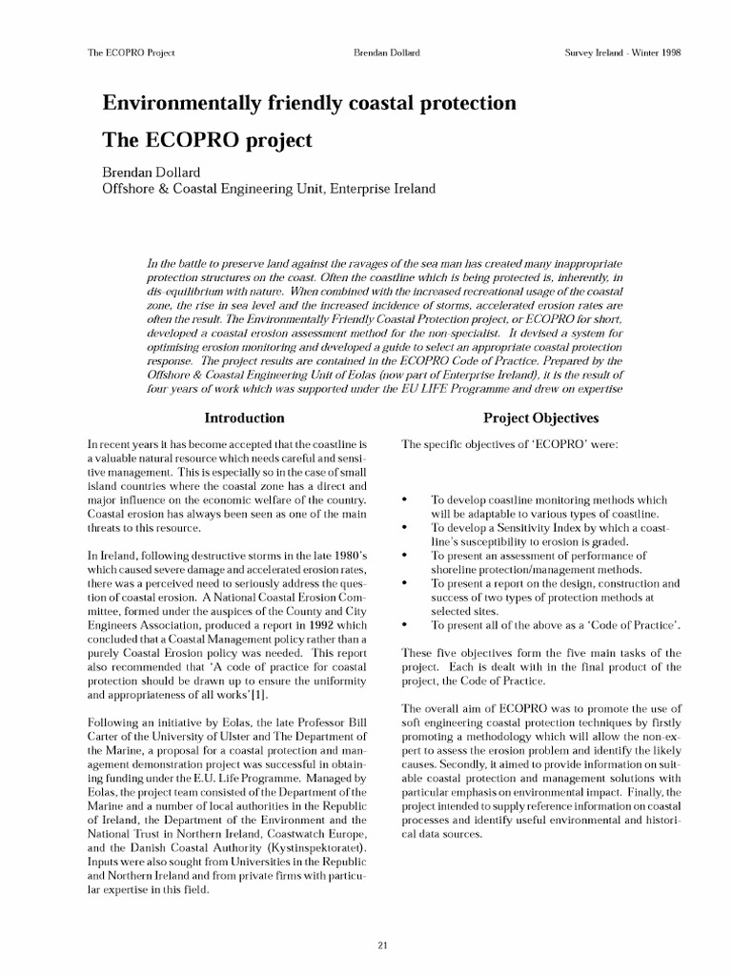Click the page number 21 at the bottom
[382, 918]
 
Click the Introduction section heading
[245, 417]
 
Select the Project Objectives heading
[540, 417]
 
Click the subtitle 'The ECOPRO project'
[207, 141]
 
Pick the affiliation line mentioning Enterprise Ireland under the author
[269, 189]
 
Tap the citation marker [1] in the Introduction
[245, 695]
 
